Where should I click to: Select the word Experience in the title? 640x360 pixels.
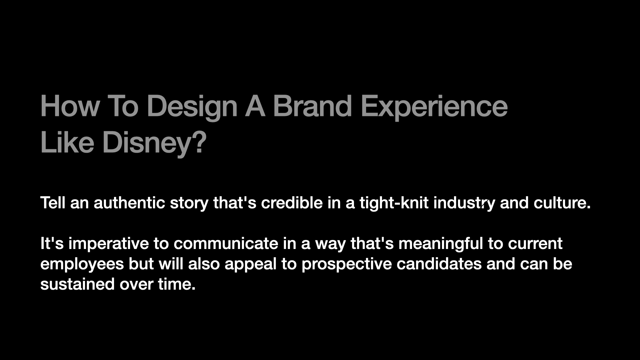pyautogui.click(x=434, y=107)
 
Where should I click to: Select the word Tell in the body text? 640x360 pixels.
pyautogui.click(x=53, y=203)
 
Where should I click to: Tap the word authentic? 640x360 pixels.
pyautogui.click(x=129, y=203)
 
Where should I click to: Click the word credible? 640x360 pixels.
pyautogui.click(x=292, y=203)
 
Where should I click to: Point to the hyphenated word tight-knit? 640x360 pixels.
pyautogui.click(x=394, y=203)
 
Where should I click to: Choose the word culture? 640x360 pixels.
pyautogui.click(x=562, y=203)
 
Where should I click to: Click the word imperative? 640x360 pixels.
pyautogui.click(x=109, y=244)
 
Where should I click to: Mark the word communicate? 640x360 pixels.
pyautogui.click(x=226, y=243)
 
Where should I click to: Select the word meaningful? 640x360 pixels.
pyautogui.click(x=441, y=244)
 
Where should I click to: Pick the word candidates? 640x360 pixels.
pyautogui.click(x=439, y=264)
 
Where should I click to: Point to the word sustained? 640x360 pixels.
pyautogui.click(x=78, y=284)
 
